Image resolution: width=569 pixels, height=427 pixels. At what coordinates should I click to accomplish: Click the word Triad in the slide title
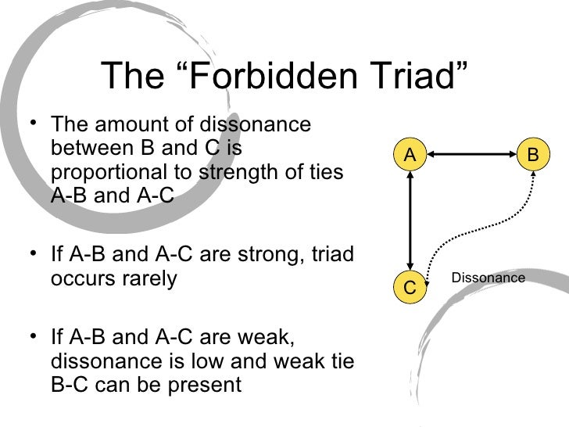422,76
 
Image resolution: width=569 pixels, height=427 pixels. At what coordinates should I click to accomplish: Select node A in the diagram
409,156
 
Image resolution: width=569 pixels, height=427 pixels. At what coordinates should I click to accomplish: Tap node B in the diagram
533,156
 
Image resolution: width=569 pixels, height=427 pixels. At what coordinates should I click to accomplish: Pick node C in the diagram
409,286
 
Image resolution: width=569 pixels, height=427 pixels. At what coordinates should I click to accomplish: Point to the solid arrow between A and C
409,221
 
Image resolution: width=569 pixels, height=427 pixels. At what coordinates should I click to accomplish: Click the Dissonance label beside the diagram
488,278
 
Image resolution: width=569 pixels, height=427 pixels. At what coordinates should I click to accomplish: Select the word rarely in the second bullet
151,278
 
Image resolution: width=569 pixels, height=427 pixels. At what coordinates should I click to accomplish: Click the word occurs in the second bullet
78,278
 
